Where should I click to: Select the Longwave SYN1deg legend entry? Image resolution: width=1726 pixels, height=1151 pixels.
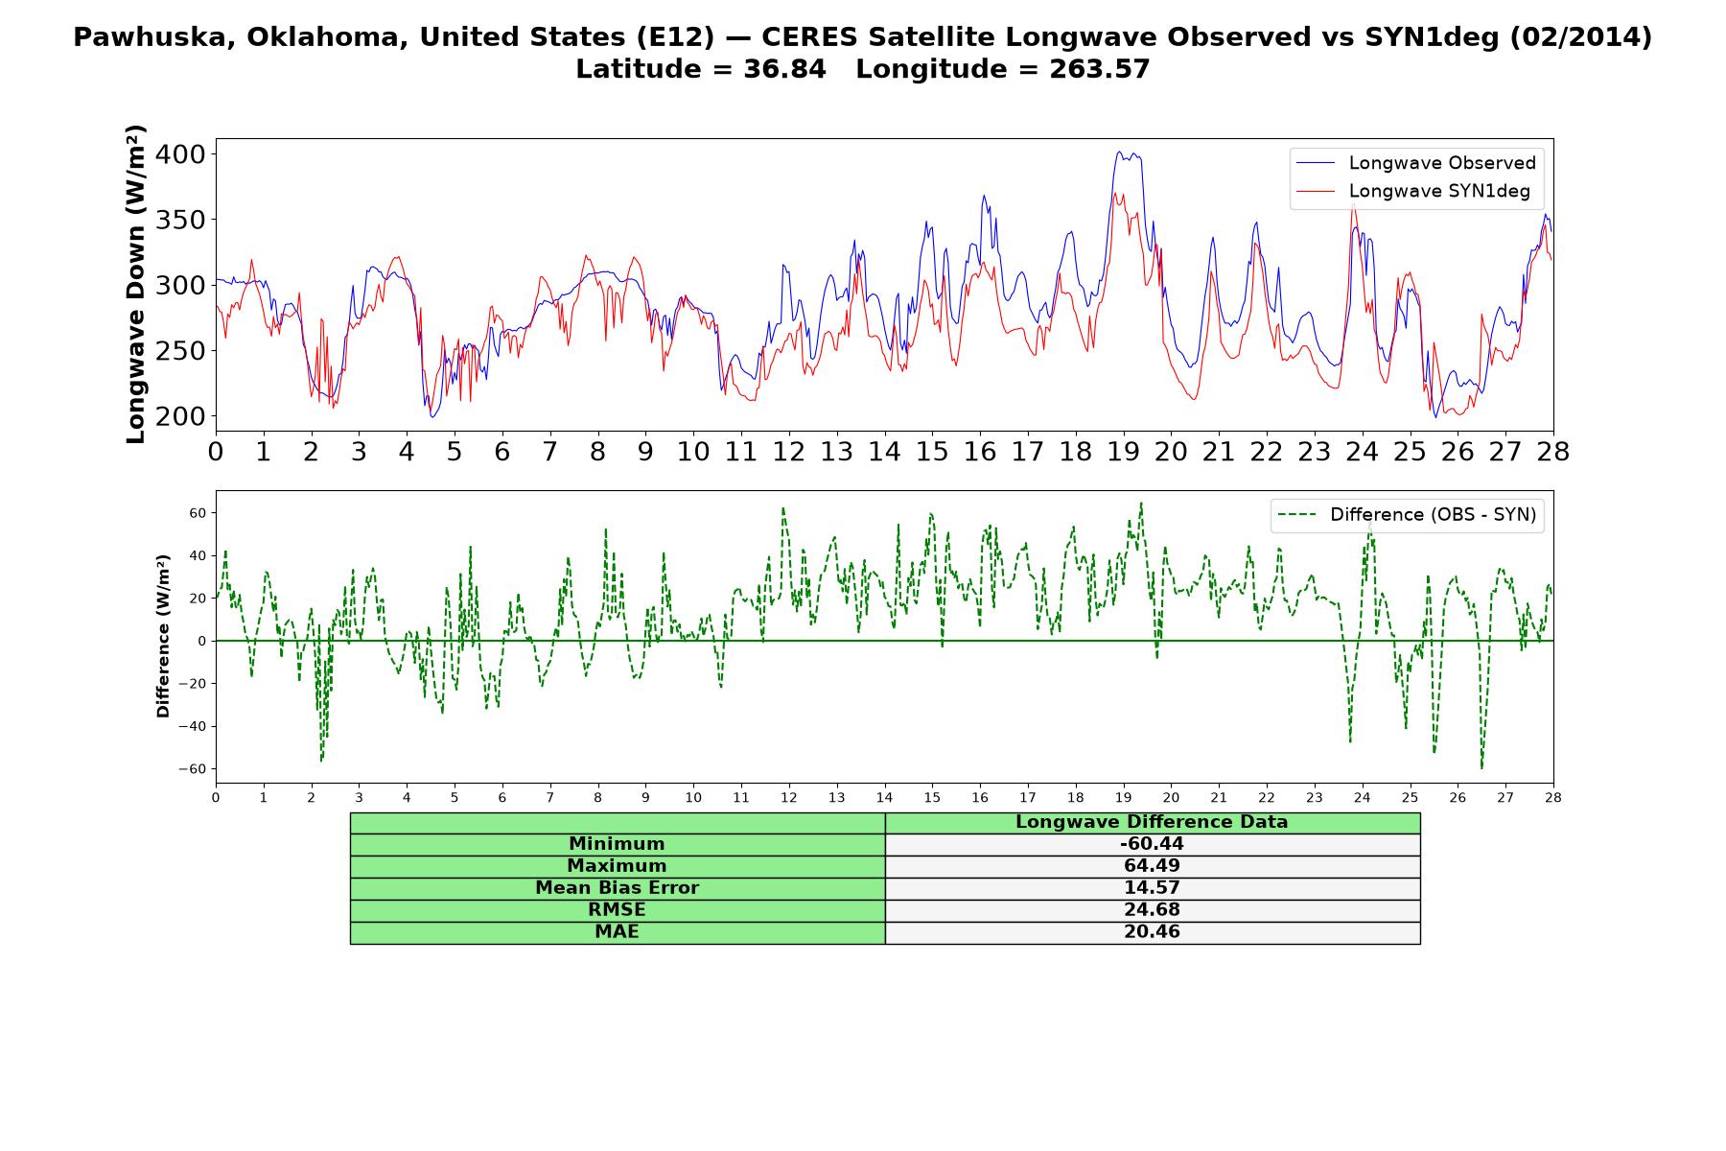[x=1413, y=191]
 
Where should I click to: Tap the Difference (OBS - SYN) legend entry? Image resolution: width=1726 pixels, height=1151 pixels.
[x=1408, y=515]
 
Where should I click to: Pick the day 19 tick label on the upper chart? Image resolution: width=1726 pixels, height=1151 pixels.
[x=1122, y=452]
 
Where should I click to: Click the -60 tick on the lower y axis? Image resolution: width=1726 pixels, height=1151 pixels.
[x=193, y=769]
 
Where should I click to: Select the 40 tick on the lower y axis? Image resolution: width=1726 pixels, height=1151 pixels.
[x=198, y=555]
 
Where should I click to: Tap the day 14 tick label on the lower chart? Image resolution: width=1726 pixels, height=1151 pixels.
[x=884, y=797]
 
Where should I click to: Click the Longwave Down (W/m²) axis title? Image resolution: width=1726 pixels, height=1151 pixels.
[x=135, y=284]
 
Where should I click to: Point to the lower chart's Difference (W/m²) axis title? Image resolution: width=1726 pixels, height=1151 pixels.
[x=163, y=636]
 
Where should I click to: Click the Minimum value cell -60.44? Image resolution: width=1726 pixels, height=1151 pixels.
[x=1152, y=844]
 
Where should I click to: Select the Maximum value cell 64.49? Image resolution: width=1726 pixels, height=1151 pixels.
[x=1152, y=866]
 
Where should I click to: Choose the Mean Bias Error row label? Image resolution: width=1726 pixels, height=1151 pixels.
[x=617, y=888]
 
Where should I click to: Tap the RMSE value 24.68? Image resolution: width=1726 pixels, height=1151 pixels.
[x=1152, y=910]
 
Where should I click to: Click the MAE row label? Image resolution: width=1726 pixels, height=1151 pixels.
[x=617, y=932]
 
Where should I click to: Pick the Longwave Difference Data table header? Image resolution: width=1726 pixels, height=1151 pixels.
[x=1152, y=822]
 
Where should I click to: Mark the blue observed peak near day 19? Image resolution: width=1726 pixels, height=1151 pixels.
[x=1119, y=152]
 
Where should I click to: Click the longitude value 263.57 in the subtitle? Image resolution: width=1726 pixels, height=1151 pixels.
[x=1106, y=69]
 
